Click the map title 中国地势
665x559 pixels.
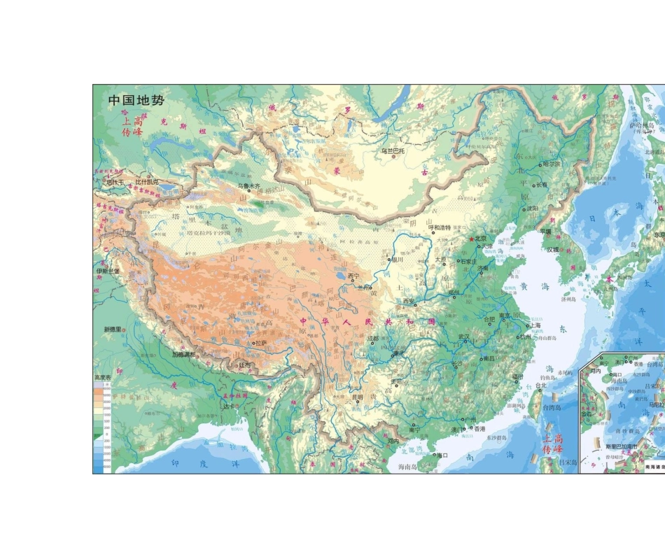point(136,100)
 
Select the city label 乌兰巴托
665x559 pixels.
point(393,150)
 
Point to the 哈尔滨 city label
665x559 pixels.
point(552,164)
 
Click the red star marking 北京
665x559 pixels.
point(472,239)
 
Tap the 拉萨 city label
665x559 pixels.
point(260,343)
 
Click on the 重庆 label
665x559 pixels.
point(398,353)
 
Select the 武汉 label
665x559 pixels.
point(463,337)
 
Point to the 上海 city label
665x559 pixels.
point(535,325)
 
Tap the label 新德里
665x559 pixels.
point(113,329)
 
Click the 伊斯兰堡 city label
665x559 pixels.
point(108,271)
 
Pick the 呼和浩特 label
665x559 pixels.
point(440,227)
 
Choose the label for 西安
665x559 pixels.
point(409,302)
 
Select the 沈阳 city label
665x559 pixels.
point(533,208)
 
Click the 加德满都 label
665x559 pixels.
point(184,354)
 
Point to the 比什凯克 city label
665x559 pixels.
point(147,182)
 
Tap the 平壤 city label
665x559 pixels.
point(545,232)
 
